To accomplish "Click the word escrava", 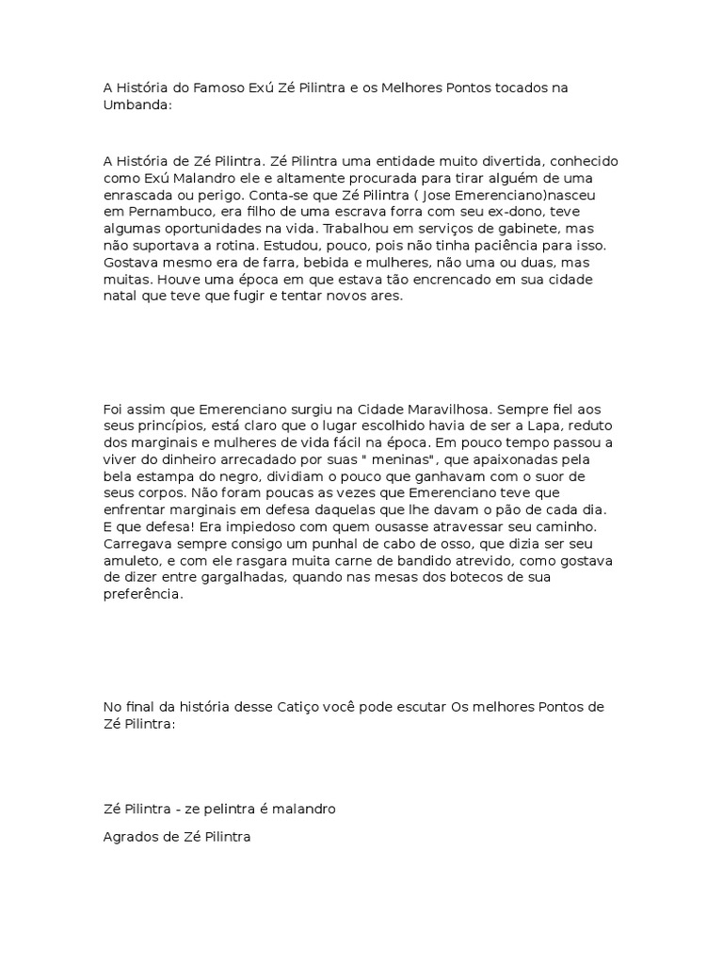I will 362,211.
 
